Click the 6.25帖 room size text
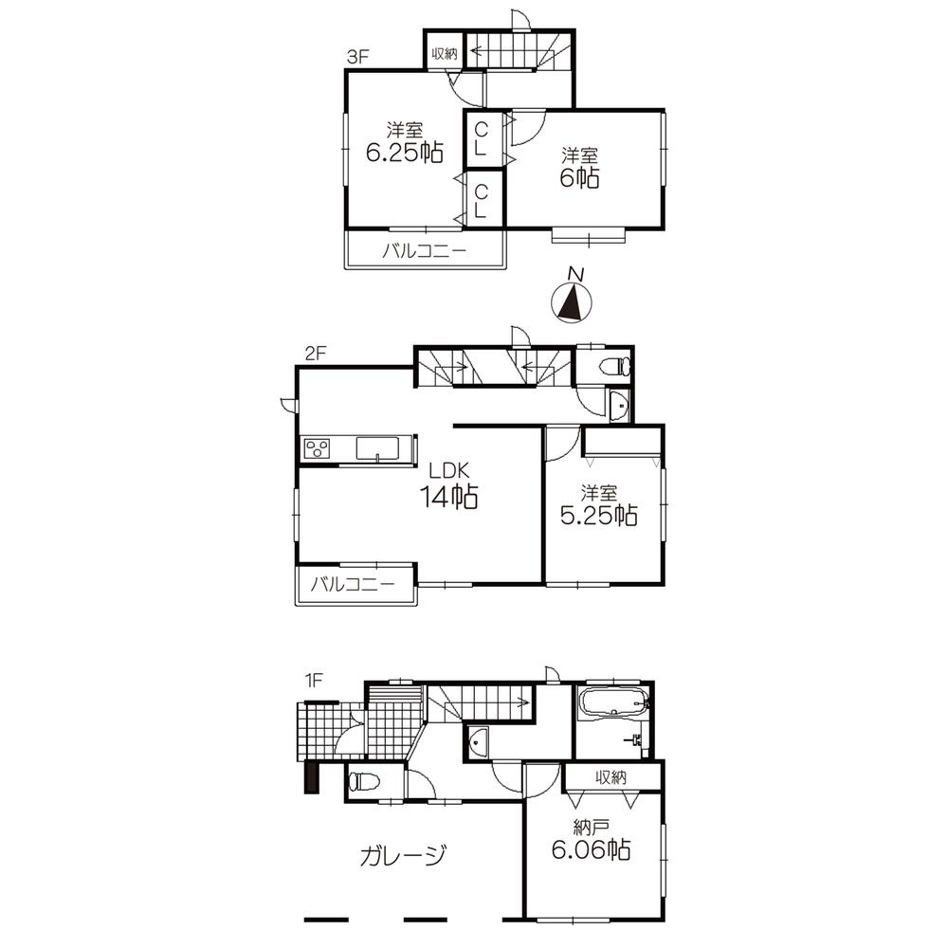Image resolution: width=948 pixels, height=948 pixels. (x=405, y=152)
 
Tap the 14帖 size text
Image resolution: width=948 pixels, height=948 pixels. (x=449, y=496)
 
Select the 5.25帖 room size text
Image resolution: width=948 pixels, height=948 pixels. (x=600, y=515)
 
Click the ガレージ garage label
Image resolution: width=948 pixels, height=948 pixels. (x=403, y=856)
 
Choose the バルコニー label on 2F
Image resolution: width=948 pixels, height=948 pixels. (x=355, y=585)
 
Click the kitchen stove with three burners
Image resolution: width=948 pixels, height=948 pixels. (x=317, y=448)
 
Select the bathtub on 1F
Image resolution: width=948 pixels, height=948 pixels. (x=612, y=703)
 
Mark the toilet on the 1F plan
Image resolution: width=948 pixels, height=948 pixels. (x=364, y=782)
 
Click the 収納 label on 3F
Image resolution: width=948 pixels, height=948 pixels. (x=444, y=54)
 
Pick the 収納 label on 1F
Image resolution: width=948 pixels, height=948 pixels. (x=611, y=777)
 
